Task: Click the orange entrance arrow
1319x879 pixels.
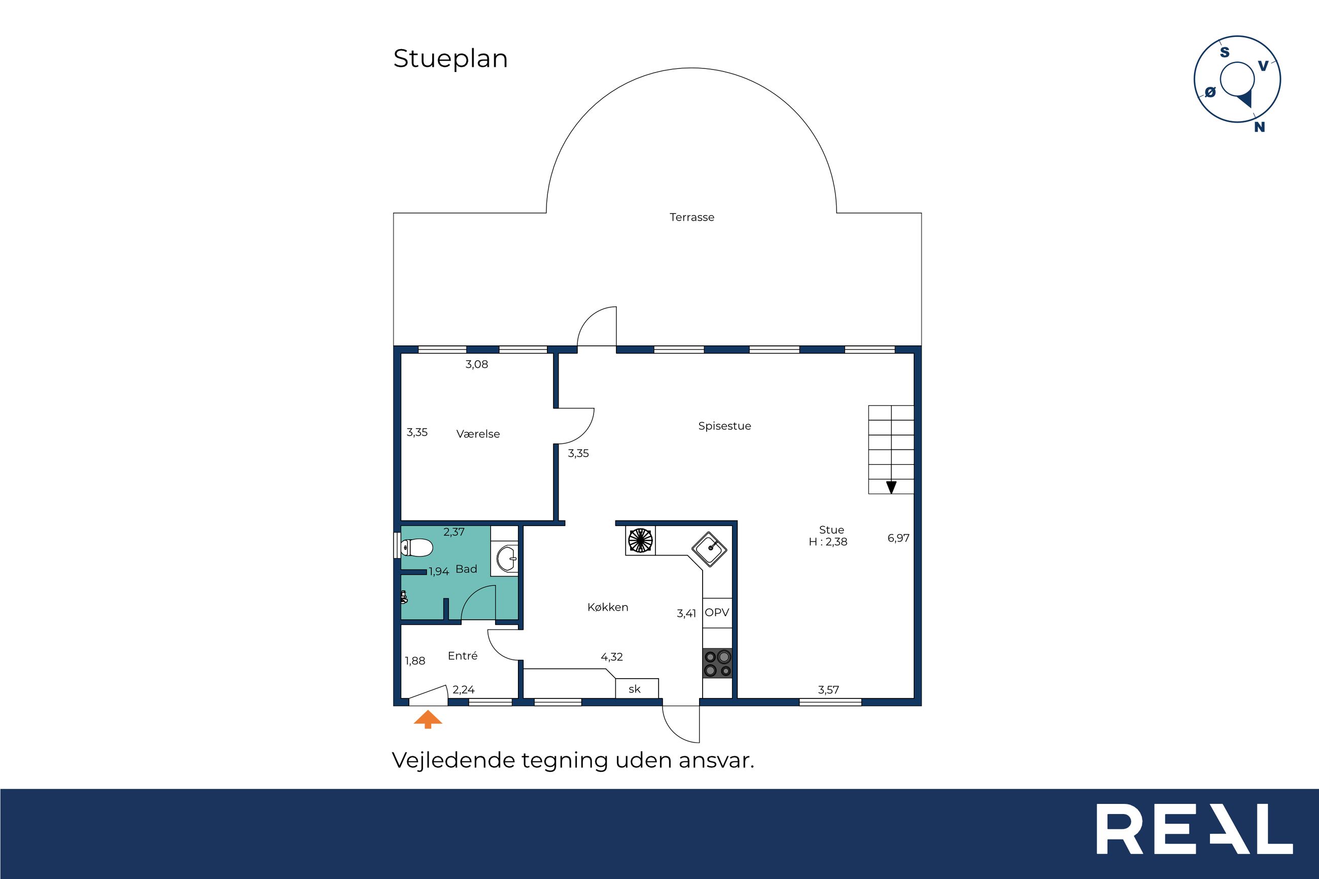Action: coord(428,719)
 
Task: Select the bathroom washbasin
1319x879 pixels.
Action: coord(508,557)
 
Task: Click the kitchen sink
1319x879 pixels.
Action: coord(709,549)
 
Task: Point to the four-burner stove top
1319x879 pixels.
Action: coord(717,662)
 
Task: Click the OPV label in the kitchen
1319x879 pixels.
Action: coord(717,613)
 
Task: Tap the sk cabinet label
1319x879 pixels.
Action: coord(634,689)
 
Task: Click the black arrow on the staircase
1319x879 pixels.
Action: coord(891,487)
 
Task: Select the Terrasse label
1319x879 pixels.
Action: coord(692,218)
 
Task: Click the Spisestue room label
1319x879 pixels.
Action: coord(724,426)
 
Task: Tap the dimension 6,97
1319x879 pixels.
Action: coord(898,538)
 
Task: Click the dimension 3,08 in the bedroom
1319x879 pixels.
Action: coord(476,364)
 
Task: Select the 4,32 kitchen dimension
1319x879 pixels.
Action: coord(612,657)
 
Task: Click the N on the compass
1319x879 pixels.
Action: coord(1260,127)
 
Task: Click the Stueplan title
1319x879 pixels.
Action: coord(450,59)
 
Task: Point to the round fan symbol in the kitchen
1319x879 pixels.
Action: coord(640,540)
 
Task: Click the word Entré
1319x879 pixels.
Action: coord(463,655)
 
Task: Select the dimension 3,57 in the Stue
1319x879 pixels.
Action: coord(828,690)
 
